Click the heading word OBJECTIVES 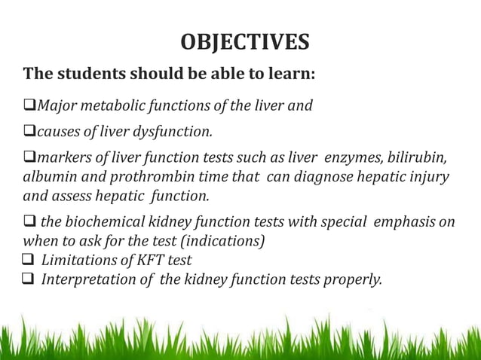[x=244, y=42]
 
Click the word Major [x=54, y=105]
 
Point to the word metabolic [x=109, y=105]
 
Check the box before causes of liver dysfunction [x=30, y=133]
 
